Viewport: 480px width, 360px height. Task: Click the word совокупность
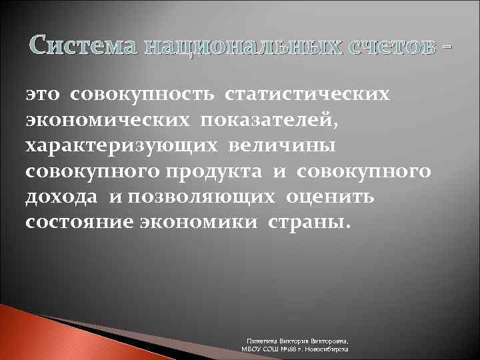tap(142, 94)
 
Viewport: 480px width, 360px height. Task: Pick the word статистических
tap(307, 94)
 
